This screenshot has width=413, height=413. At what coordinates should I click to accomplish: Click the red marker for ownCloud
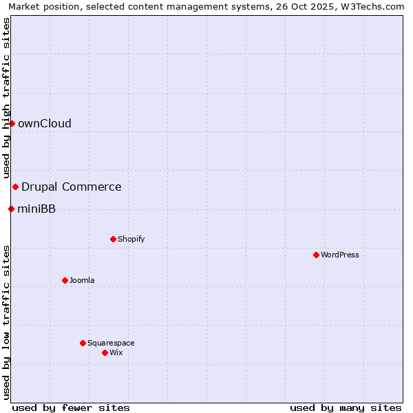pyautogui.click(x=12, y=123)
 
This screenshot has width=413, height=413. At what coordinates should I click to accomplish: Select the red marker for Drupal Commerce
pyautogui.click(x=15, y=187)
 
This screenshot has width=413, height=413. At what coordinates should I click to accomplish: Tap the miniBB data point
pyautogui.click(x=11, y=209)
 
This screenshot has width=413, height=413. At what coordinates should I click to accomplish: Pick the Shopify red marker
pyautogui.click(x=113, y=239)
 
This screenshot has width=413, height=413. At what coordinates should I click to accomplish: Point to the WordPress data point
pyautogui.click(x=316, y=255)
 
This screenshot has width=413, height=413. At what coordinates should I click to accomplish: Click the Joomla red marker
pyautogui.click(x=65, y=280)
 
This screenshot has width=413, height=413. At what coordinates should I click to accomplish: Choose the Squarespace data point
pyautogui.click(x=83, y=343)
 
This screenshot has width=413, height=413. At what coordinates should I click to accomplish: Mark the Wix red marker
pyautogui.click(x=105, y=352)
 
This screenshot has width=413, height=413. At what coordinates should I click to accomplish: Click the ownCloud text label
pyautogui.click(x=45, y=124)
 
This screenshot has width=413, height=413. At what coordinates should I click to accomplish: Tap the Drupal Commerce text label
pyautogui.click(x=72, y=187)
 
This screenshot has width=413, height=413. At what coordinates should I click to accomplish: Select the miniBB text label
pyautogui.click(x=36, y=209)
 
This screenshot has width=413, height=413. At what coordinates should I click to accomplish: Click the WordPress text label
pyautogui.click(x=340, y=255)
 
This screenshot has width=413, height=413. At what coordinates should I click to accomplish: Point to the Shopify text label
pyautogui.click(x=131, y=239)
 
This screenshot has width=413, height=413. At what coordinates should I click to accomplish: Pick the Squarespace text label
pyautogui.click(x=111, y=343)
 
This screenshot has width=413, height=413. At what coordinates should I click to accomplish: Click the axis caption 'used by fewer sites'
pyautogui.click(x=71, y=407)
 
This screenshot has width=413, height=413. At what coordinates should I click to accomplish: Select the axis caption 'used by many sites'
pyautogui.click(x=346, y=407)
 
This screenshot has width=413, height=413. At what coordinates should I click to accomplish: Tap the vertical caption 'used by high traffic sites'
pyautogui.click(x=6, y=98)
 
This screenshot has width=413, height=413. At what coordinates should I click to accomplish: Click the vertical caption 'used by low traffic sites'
pyautogui.click(x=6, y=321)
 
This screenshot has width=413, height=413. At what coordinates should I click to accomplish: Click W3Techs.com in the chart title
pyautogui.click(x=374, y=6)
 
